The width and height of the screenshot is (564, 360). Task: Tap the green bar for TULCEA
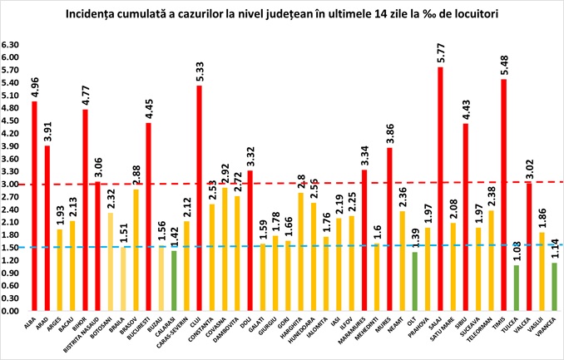[x=517, y=288]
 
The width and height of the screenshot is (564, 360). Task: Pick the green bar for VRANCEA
[x=555, y=287]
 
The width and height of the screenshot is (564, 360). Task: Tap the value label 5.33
[x=199, y=71]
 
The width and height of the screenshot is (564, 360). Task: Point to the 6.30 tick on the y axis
[x=11, y=44]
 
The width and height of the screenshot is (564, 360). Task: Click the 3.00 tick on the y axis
[x=11, y=184]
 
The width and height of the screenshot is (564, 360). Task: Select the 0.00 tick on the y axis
[x=11, y=311]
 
